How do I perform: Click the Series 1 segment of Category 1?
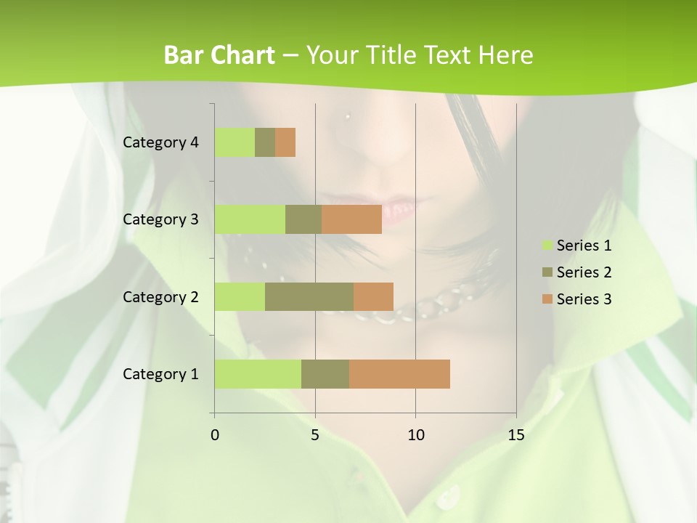[258, 374]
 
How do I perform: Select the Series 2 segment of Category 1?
[325, 374]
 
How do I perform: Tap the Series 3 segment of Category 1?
[399, 374]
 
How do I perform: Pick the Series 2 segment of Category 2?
[309, 296]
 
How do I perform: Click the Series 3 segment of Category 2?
[373, 296]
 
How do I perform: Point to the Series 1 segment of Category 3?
[250, 219]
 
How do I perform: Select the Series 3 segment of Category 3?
[351, 219]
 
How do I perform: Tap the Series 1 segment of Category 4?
[235, 142]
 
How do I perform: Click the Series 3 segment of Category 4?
[285, 142]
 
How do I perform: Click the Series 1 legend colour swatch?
[547, 246]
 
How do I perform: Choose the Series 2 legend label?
[584, 272]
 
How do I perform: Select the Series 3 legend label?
[584, 299]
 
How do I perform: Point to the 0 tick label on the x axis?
[215, 435]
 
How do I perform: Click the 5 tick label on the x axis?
[315, 435]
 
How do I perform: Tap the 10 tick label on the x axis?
[415, 435]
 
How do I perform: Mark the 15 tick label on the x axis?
[515, 435]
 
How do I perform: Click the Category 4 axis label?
[160, 142]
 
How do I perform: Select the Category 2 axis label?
[160, 296]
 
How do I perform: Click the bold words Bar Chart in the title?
[219, 55]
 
